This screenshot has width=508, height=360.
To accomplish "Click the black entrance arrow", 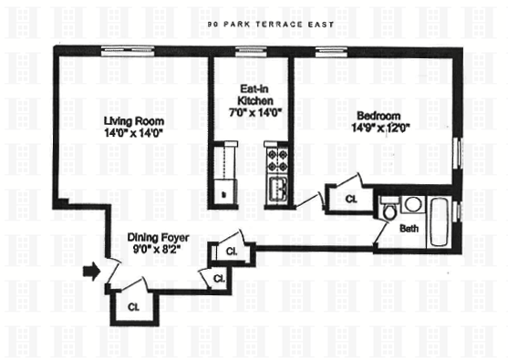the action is coord(92,272).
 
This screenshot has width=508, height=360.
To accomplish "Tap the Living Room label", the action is coord(134,121).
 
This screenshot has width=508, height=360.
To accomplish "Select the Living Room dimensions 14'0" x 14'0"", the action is coord(133,133).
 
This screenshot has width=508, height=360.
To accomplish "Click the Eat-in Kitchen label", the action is coord(255,95).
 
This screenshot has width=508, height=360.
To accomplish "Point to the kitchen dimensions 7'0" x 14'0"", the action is coord(254,112).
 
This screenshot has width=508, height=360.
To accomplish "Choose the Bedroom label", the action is coord(378,116).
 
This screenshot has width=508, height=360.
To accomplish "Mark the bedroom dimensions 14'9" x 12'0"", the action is coord(380,128).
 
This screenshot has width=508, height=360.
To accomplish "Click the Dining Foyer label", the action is coord(158,237).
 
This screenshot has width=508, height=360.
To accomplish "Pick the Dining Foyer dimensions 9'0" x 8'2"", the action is coord(157,250).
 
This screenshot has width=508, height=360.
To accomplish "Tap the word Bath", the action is coord(409,229).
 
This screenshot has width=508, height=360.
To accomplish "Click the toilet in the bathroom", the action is coord(389,208).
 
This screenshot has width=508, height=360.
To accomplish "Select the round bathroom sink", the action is coord(413,204).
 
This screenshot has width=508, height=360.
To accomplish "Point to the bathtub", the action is coord(439,221).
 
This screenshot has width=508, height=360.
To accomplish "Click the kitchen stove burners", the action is coord(276,161).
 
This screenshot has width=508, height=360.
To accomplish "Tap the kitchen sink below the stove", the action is coord(276,189).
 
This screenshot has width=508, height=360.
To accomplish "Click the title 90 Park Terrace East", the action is coord(271,25).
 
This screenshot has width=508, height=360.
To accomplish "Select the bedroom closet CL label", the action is coord(351,199).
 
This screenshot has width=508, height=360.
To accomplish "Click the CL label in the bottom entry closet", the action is coord(133,306).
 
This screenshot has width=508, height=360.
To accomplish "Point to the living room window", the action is coord(128,51).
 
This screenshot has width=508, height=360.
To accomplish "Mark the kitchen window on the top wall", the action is coord(251,51).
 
